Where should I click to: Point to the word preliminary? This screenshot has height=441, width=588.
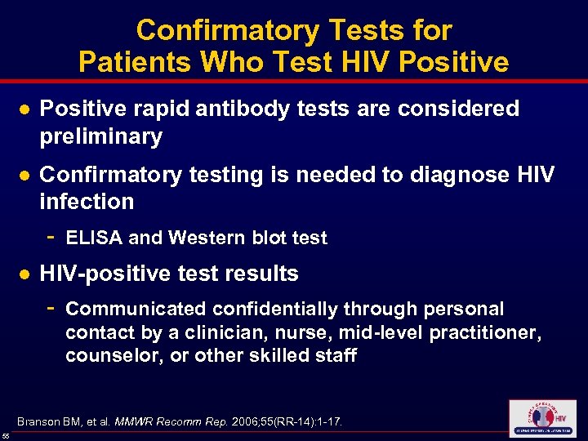click(x=101, y=136)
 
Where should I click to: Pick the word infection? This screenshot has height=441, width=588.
click(x=87, y=201)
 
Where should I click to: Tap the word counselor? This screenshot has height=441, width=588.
click(x=106, y=356)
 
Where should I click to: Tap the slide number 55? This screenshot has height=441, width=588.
click(x=6, y=437)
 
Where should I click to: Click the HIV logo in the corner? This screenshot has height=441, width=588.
click(x=541, y=419)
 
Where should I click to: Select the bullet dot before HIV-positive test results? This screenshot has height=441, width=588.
click(x=25, y=274)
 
